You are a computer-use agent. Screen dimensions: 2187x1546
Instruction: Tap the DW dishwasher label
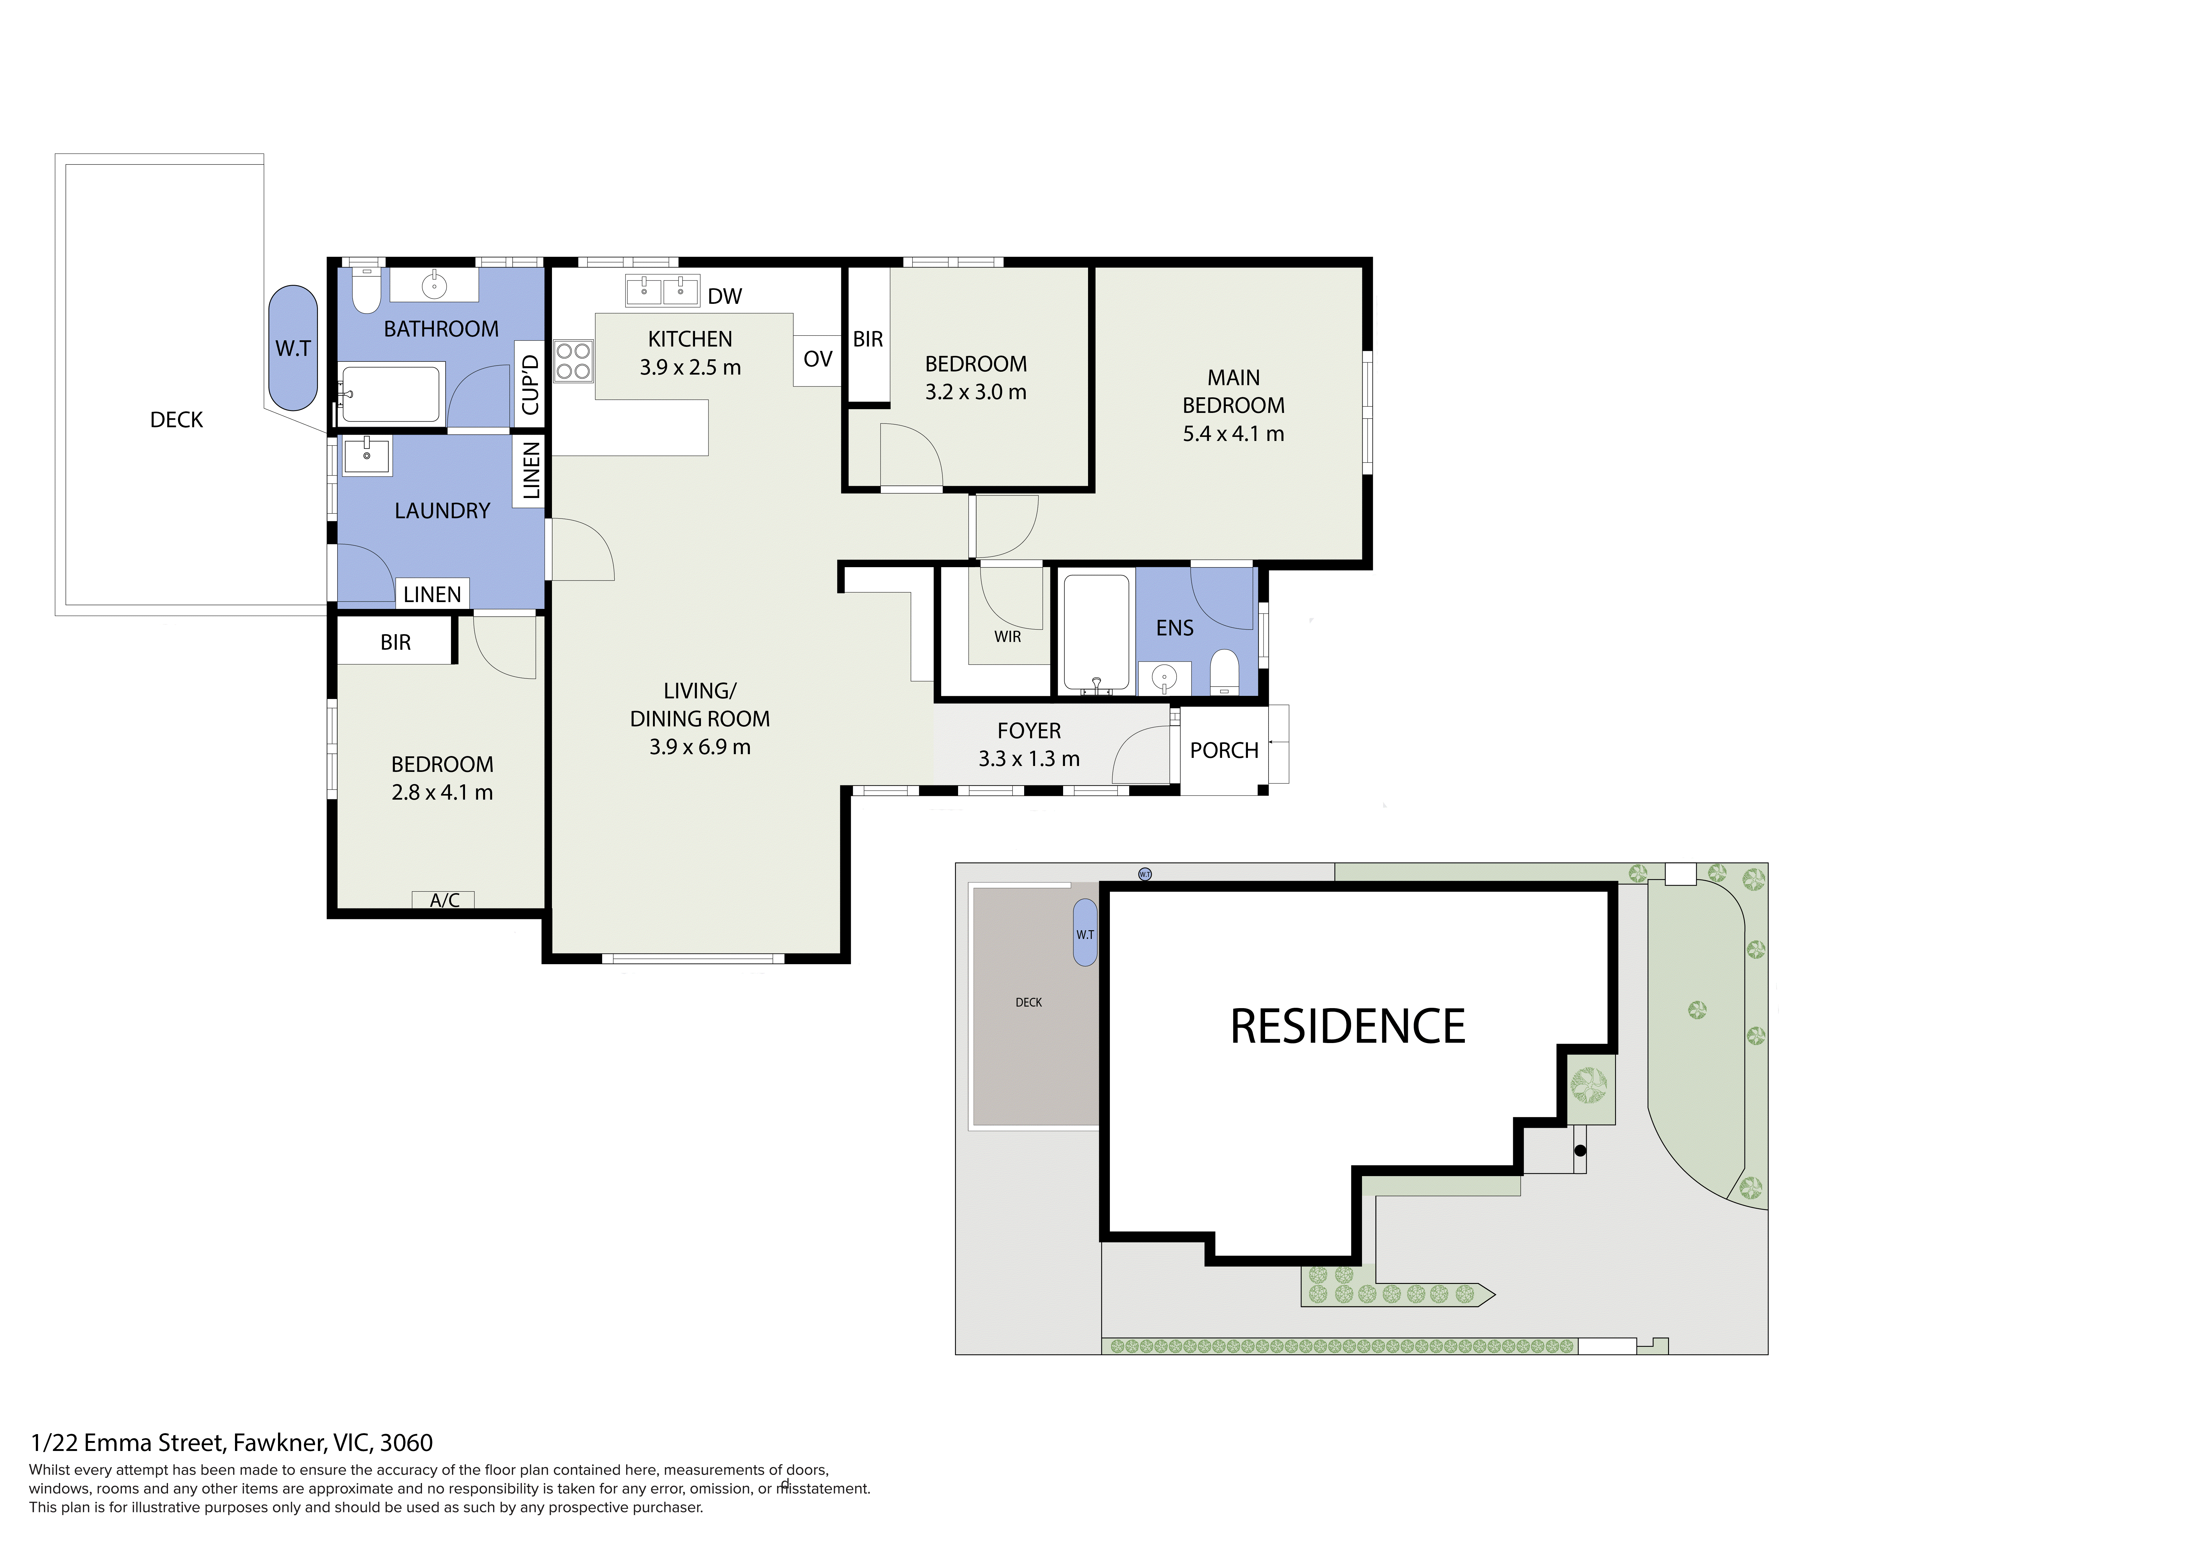725,296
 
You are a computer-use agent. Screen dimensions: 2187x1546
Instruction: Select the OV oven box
817,360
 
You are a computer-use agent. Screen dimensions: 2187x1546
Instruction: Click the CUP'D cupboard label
530,385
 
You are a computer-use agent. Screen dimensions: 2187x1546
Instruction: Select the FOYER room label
1029,730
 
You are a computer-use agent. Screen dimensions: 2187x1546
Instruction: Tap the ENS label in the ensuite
1174,629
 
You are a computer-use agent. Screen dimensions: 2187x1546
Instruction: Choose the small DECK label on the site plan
1029,1002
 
